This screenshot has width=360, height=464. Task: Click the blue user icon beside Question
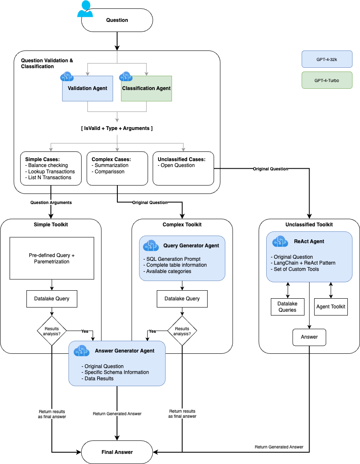[x=85, y=9]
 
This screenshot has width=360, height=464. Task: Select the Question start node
[x=117, y=20]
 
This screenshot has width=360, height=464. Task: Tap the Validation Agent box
[x=87, y=88]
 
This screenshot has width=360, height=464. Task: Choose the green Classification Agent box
[x=146, y=88]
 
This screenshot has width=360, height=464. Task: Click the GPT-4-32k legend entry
[x=327, y=59]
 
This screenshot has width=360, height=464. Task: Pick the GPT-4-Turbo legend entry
[x=327, y=80]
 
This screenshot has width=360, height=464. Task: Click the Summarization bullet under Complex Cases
[x=111, y=165]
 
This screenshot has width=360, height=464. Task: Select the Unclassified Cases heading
[x=181, y=159]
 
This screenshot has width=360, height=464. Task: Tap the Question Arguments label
[x=51, y=202]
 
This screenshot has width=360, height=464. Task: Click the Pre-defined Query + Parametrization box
[x=52, y=258]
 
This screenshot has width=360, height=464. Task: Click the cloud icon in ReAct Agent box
[x=280, y=241]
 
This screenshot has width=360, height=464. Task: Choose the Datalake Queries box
[x=287, y=307]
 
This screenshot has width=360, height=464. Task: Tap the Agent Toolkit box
[x=331, y=307]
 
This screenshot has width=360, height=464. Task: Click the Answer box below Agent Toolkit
[x=309, y=337]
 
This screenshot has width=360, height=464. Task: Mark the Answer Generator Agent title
[x=124, y=350]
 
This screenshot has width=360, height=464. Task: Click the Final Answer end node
[x=117, y=452]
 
